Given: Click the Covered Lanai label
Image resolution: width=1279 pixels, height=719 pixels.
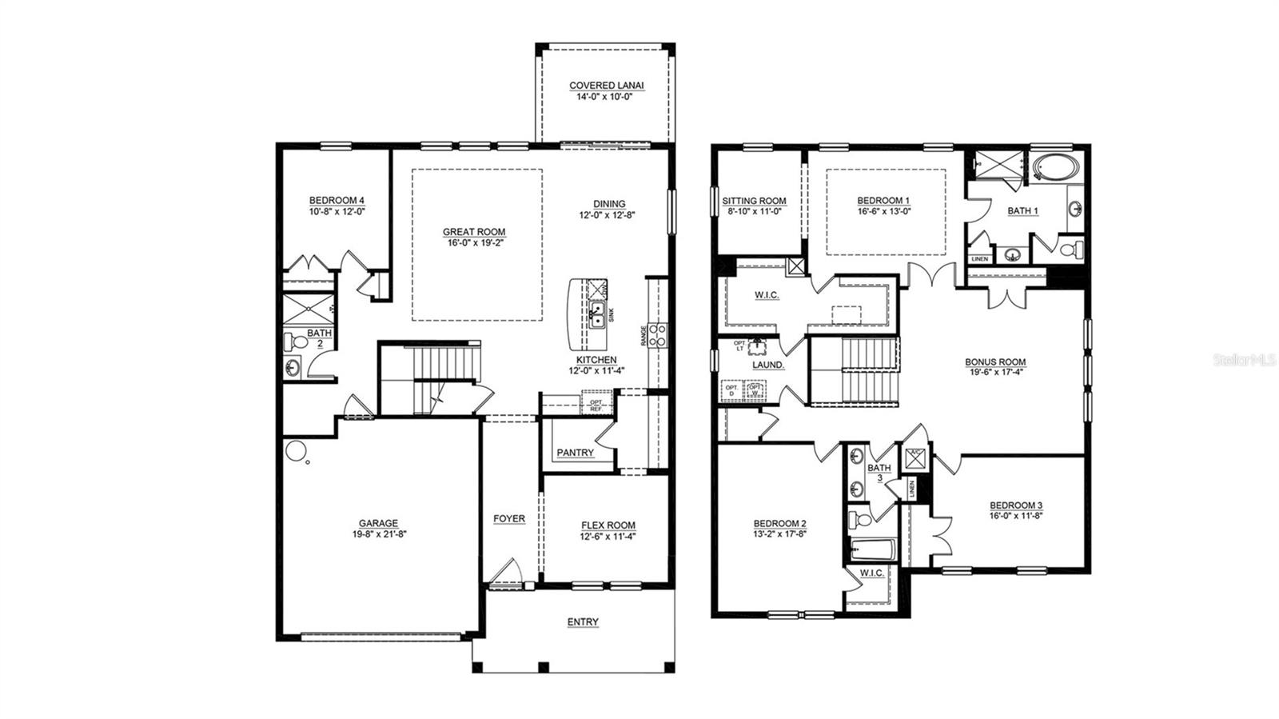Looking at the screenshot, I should point(606,86).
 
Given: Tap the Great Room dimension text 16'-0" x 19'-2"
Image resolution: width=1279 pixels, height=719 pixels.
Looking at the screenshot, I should point(474,242).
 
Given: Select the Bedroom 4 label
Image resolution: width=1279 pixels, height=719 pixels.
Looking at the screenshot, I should point(337,201).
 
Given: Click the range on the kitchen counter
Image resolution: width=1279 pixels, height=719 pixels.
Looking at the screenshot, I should point(657,334).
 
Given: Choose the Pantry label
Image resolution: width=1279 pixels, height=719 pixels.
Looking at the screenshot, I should point(575,453).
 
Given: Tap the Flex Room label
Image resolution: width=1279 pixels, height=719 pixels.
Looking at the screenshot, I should point(608,525).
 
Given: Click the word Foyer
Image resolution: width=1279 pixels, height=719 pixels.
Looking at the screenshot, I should point(508,519).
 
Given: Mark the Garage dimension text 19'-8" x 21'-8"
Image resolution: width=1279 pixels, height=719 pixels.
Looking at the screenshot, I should point(378,534).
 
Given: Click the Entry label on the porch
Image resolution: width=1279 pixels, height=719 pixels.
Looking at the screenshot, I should point(583,622).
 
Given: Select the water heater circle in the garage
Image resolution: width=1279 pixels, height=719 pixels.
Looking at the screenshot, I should point(295,451).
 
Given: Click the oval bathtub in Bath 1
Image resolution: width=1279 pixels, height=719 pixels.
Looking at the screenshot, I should point(1056,169).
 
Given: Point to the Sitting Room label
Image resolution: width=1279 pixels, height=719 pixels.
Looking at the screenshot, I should point(754,201).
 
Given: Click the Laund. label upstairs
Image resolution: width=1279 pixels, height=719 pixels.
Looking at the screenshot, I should point(768,365).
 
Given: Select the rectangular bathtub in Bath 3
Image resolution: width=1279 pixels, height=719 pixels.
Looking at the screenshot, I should point(871,549).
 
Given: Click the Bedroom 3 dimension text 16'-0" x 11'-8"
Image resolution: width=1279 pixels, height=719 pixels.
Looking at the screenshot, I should point(1016,516).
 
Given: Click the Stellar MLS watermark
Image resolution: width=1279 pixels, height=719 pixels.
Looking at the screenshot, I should point(1245,361).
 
